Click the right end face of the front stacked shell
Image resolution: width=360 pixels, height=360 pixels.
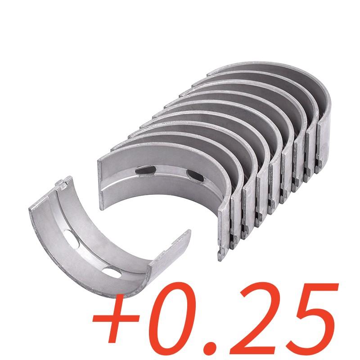coord(225,229)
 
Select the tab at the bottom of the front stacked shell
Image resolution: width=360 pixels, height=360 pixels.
coord(221,256)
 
